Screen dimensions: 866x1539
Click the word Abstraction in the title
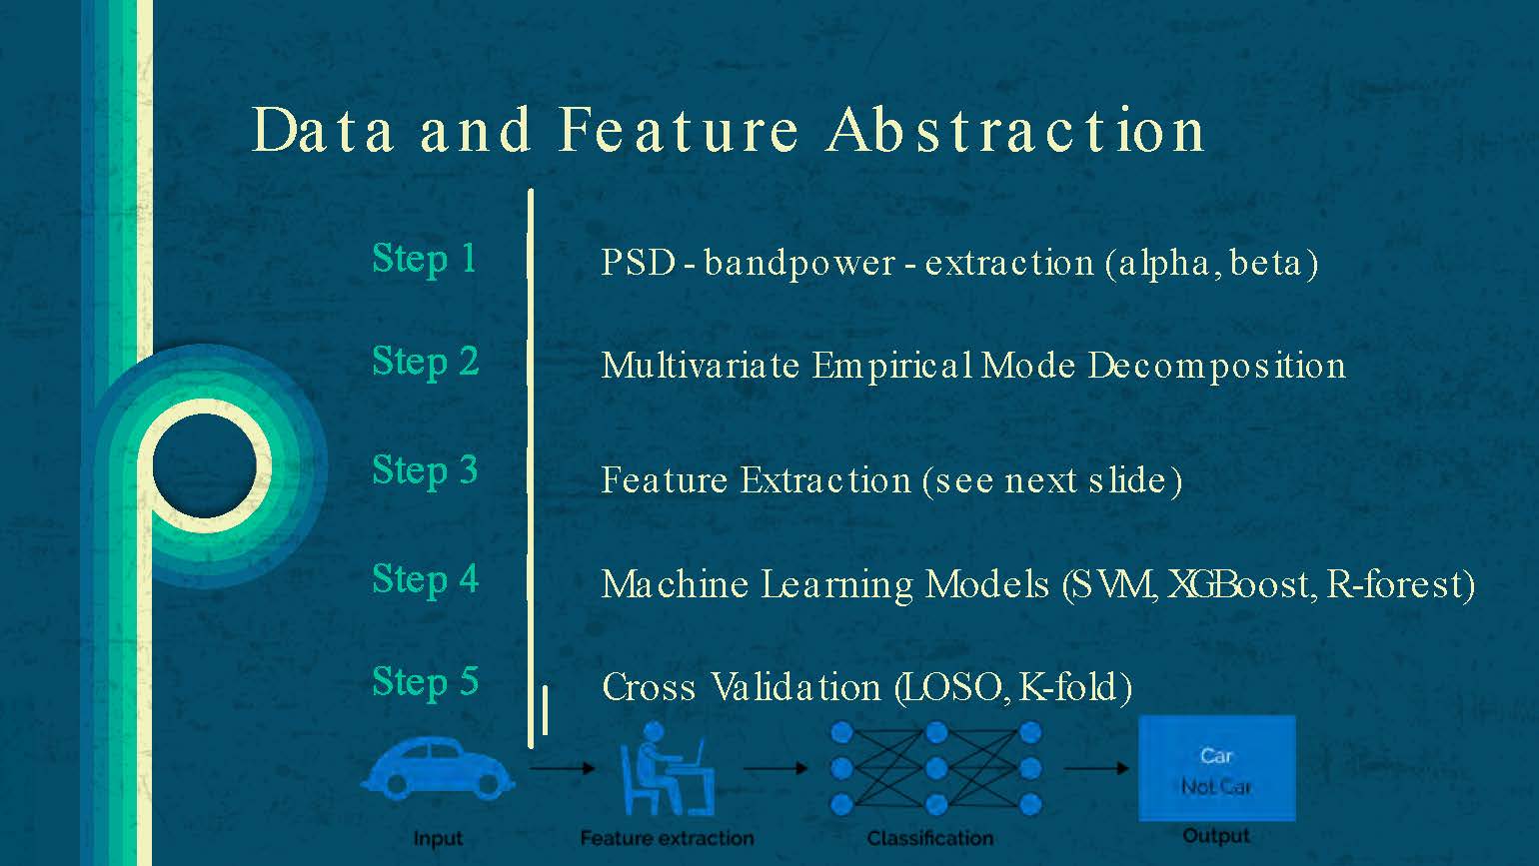coord(1015,130)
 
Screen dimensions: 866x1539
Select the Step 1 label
coord(424,259)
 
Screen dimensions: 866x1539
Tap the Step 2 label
coord(425,362)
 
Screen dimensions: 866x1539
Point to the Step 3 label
coord(425,470)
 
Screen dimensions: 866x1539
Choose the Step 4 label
coord(425,579)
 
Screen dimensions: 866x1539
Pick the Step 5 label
coord(425,682)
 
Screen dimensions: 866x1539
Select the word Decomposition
coord(1216,367)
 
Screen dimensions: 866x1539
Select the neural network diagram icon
coord(935,768)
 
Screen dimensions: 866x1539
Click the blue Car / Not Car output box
coord(1216,769)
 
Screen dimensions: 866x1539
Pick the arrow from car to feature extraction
coord(562,768)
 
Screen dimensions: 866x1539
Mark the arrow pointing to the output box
coord(1096,768)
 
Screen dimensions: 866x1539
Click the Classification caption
coord(929,838)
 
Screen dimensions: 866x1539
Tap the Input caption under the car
coord(438,839)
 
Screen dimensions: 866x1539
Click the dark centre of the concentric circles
coord(205,465)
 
